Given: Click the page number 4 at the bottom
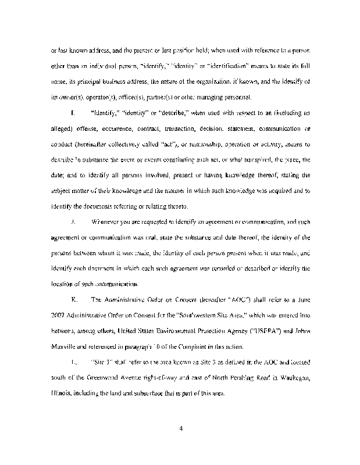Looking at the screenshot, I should click(x=181, y=429).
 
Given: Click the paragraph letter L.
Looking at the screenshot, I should click(x=72, y=363).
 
